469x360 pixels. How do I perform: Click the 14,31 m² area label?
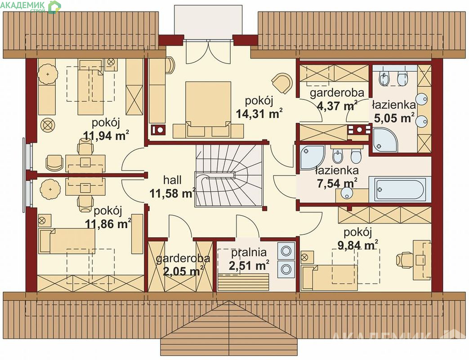[x=259, y=113]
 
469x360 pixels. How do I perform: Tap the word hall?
[x=172, y=180]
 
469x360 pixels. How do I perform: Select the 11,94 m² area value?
[x=106, y=135]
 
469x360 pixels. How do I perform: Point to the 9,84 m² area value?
[x=357, y=245]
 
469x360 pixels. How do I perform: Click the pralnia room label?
[x=249, y=253]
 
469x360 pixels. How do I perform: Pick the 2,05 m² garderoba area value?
[x=183, y=271]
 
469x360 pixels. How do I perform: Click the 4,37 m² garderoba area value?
[x=337, y=105]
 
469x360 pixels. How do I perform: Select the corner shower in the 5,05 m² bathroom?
[x=385, y=140]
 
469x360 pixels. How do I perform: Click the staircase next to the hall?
[x=229, y=175]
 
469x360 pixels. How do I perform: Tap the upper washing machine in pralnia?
[x=286, y=251]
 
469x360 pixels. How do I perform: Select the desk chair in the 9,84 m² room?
[x=405, y=259]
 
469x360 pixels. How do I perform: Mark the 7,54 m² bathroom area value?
[x=337, y=183]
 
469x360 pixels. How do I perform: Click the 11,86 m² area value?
[x=107, y=224]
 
